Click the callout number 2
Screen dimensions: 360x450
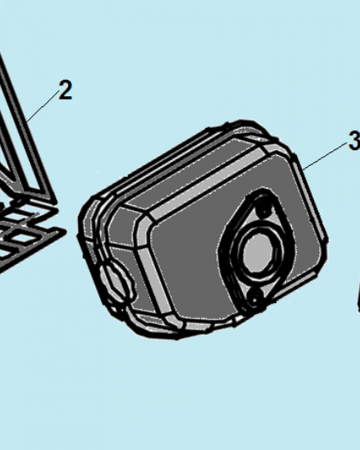pyautogui.click(x=65, y=90)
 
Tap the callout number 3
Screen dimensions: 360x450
pyautogui.click(x=354, y=140)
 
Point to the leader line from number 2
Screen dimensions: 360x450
pyautogui.click(x=43, y=106)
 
